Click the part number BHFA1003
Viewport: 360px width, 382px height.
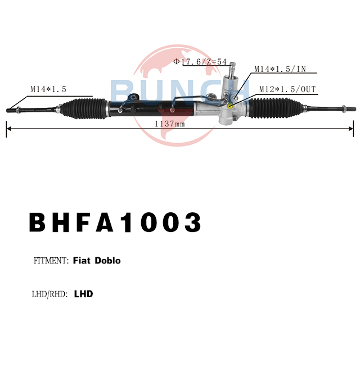pyautogui.click(x=115, y=222)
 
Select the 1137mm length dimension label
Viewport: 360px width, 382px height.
pyautogui.click(x=170, y=124)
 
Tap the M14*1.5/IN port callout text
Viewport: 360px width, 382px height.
pyautogui.click(x=280, y=69)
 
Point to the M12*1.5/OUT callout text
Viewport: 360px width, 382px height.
pyautogui.click(x=287, y=89)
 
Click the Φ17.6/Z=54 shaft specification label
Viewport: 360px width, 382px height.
pyautogui.click(x=200, y=62)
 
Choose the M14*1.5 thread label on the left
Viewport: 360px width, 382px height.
pyautogui.click(x=48, y=89)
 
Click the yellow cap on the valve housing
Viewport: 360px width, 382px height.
pyautogui.click(x=230, y=106)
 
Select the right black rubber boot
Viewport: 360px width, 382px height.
pyautogui.click(x=276, y=108)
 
